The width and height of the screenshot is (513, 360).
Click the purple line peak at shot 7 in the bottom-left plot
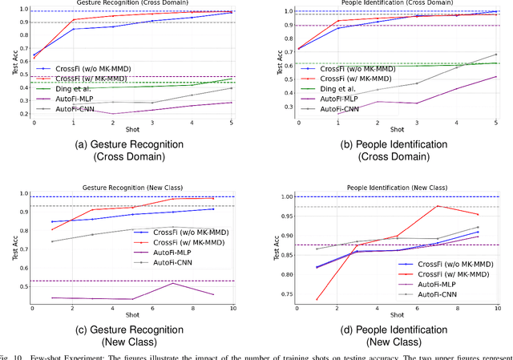click(174, 283)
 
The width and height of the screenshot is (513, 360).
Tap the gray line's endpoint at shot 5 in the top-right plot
click(497, 55)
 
